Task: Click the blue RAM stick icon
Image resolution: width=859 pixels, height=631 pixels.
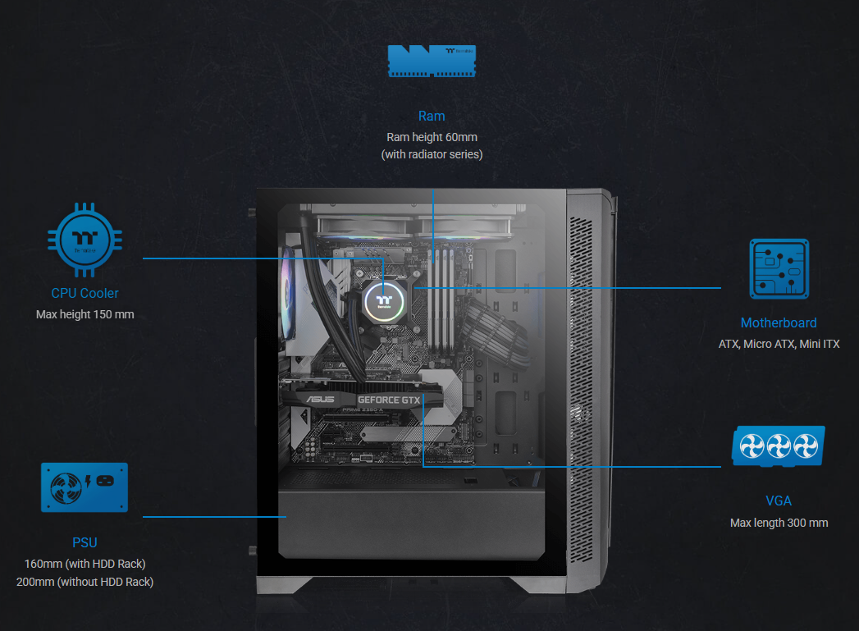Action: click(432, 62)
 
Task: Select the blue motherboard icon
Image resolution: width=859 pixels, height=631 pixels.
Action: click(779, 269)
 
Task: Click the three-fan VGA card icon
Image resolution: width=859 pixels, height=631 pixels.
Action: click(779, 447)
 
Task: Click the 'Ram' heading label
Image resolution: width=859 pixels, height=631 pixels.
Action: click(432, 117)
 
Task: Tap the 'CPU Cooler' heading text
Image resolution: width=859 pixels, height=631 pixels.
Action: click(85, 293)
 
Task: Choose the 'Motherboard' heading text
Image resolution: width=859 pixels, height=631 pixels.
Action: click(779, 323)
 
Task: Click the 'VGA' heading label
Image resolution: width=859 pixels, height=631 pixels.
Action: click(779, 501)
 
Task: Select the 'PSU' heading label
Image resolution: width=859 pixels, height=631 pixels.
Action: click(85, 542)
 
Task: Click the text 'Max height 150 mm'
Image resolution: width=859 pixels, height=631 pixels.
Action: click(85, 314)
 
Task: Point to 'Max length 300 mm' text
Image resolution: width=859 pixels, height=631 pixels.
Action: click(779, 523)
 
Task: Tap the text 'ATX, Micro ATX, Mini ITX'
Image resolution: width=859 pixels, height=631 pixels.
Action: click(779, 345)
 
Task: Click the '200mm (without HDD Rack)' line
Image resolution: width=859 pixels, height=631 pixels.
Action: click(85, 582)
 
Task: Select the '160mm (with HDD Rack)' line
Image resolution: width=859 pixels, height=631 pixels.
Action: click(85, 564)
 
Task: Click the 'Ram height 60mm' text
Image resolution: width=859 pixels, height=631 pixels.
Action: click(432, 137)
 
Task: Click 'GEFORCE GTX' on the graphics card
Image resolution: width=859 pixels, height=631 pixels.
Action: click(389, 400)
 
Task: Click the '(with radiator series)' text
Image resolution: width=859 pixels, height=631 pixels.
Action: click(432, 154)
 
